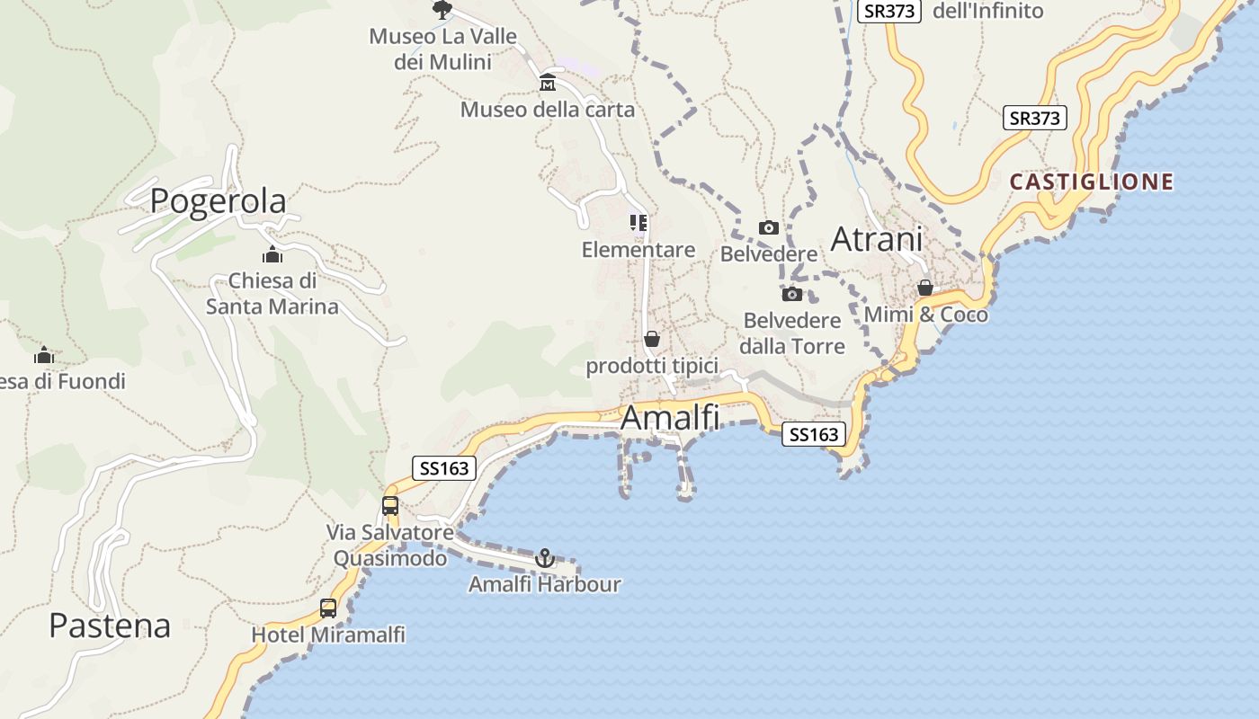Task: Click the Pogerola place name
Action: pyautogui.click(x=218, y=200)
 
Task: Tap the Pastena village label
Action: pyautogui.click(x=110, y=626)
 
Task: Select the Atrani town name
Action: pyautogui.click(x=877, y=239)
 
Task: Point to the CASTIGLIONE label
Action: pyautogui.click(x=1091, y=182)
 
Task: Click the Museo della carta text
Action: pyautogui.click(x=548, y=110)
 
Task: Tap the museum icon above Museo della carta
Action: pyautogui.click(x=548, y=84)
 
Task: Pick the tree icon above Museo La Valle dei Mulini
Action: pyautogui.click(x=442, y=10)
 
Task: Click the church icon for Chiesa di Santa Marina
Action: pyautogui.click(x=272, y=255)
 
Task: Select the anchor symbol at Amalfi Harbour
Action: pyautogui.click(x=545, y=559)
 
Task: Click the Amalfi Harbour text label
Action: pyautogui.click(x=545, y=584)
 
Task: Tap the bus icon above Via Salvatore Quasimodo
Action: pyautogui.click(x=390, y=505)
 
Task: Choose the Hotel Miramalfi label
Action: pyautogui.click(x=328, y=635)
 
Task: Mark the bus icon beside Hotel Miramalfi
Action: pyautogui.click(x=328, y=608)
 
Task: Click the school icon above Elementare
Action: pyautogui.click(x=638, y=222)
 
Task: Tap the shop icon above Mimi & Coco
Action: pyautogui.click(x=925, y=288)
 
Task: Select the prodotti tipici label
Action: pyautogui.click(x=652, y=366)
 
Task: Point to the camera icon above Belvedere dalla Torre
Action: pyautogui.click(x=792, y=294)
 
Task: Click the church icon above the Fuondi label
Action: pyautogui.click(x=44, y=356)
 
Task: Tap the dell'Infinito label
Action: pyautogui.click(x=987, y=11)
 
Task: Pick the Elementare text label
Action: pyautogui.click(x=638, y=250)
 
